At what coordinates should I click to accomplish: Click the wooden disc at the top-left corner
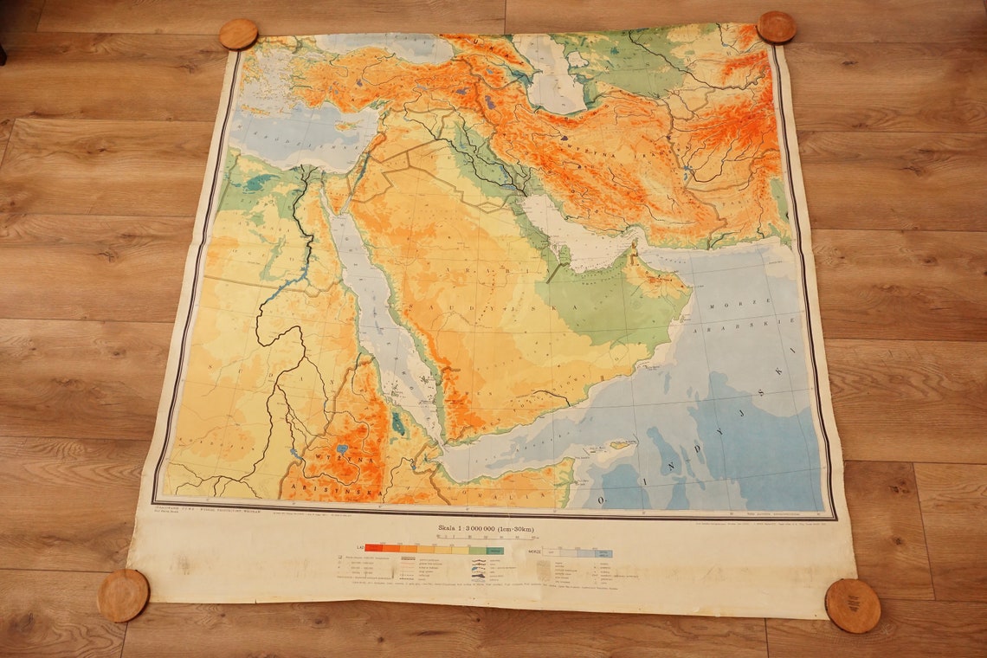coord(238,34)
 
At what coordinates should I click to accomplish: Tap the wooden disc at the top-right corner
coord(776,27)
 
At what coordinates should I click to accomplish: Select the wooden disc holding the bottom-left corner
coord(122,595)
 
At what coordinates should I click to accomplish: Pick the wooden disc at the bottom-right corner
coord(852,605)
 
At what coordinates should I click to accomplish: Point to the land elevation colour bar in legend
coord(434,549)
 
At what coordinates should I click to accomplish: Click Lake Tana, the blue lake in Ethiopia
coord(342,449)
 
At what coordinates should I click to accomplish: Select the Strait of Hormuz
coord(636,248)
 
